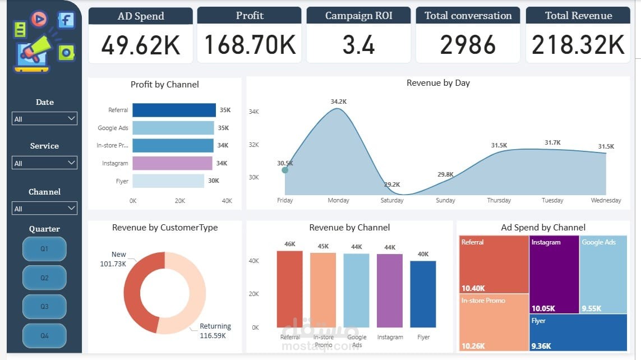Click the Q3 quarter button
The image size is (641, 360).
44,307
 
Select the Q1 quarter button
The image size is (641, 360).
44,248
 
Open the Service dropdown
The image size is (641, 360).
44,163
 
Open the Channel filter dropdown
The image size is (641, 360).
44,209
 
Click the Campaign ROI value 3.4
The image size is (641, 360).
358,45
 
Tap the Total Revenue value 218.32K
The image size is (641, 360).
578,45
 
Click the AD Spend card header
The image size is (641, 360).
141,16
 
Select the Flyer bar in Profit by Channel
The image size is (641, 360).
168,181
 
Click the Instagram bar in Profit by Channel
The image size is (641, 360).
172,163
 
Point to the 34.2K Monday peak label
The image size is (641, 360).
338,101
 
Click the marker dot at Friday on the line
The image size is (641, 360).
285,170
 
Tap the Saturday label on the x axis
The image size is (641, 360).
392,200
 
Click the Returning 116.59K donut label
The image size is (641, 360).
215,331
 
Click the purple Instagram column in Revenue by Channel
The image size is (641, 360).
390,290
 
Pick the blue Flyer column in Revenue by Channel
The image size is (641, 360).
423,294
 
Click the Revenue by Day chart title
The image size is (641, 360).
438,83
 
